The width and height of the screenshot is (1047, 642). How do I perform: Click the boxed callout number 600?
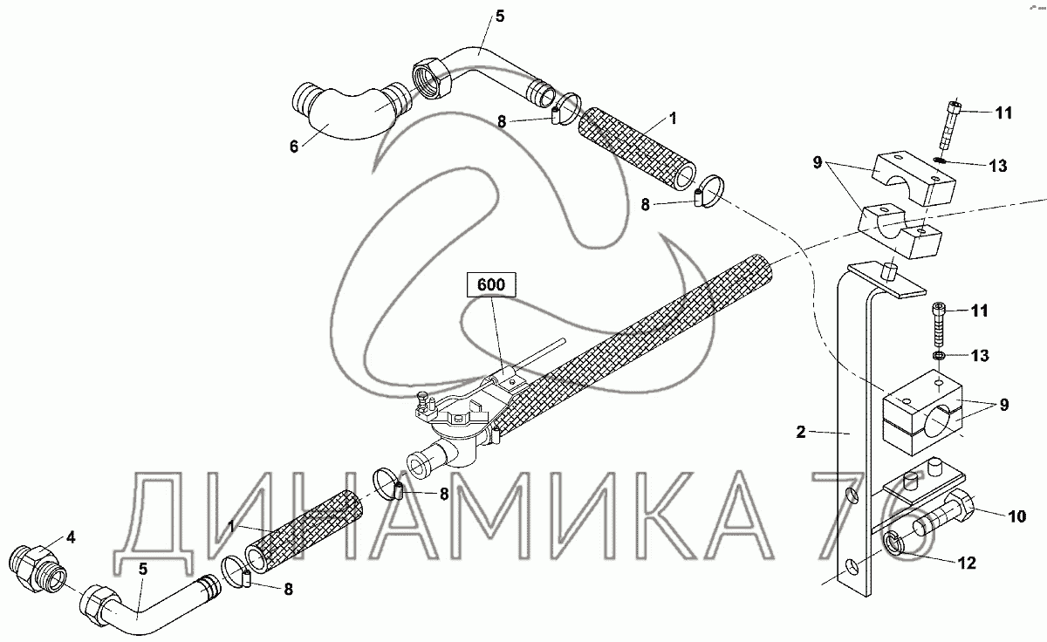coord(491,284)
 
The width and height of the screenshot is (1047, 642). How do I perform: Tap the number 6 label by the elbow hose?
coord(293,147)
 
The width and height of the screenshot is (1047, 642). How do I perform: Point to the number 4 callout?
coord(71,538)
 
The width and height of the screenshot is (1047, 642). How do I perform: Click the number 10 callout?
coord(1017,516)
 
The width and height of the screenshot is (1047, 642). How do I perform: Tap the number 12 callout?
coord(967,563)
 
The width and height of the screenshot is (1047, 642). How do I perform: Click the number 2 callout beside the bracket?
coord(801,432)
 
